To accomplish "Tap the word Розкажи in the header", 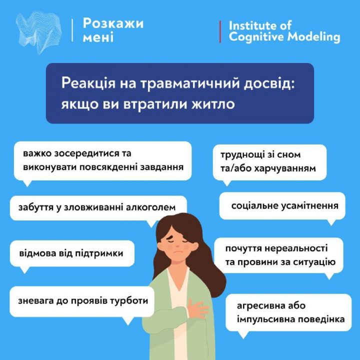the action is [113, 23].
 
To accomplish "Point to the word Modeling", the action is [314, 36].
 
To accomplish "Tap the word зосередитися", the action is [83, 153].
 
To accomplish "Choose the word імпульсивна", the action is [265, 319].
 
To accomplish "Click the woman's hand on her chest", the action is [197, 309].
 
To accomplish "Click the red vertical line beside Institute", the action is [220, 31].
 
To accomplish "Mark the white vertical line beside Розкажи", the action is [72, 30].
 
